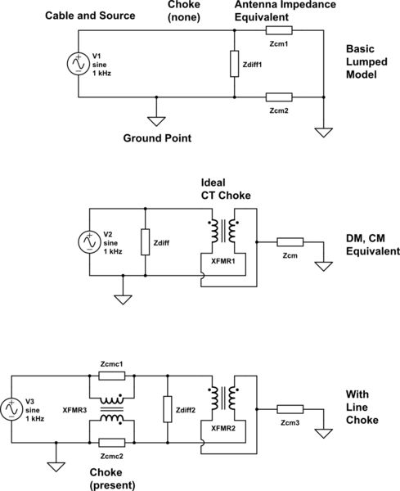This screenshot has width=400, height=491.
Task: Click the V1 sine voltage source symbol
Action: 77,64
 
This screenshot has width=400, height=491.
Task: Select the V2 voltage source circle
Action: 88,242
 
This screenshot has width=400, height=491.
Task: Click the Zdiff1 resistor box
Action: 236,64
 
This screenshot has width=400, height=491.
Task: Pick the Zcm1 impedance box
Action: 281,31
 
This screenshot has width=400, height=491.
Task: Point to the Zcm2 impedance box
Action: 281,97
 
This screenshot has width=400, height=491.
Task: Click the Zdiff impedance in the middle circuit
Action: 145,242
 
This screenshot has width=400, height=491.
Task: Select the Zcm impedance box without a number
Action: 290,242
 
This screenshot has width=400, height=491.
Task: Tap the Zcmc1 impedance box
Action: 110,376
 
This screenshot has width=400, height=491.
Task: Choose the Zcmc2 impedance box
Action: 110,440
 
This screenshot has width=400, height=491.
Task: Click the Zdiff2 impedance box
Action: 168,407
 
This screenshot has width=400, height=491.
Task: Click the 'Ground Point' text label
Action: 156,138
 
